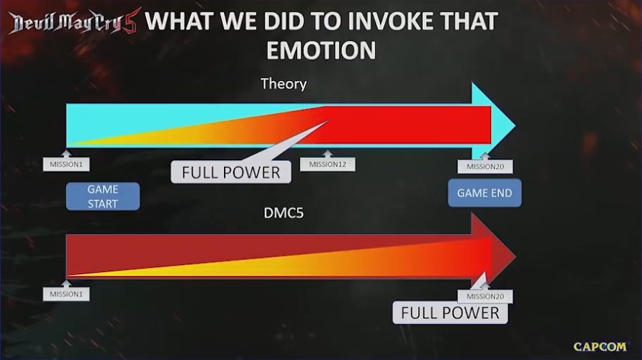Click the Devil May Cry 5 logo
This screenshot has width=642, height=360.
coord(74,21)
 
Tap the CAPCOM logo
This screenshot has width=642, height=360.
coord(600,346)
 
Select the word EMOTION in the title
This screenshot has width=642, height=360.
coord(321,50)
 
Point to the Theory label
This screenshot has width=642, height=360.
coord(283,84)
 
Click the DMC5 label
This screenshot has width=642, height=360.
coord(283,213)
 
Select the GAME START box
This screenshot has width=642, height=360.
coord(103,196)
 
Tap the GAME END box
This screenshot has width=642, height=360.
coord(485,193)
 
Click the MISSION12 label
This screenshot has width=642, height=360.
coord(328,164)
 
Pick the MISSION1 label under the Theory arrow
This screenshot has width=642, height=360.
coord(66,164)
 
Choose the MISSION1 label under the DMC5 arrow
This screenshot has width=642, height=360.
coord(66,294)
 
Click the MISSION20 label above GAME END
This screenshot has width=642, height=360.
coord(485,167)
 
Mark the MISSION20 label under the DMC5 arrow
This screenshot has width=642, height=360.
coord(485,296)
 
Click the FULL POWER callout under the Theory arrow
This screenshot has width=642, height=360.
coord(231,172)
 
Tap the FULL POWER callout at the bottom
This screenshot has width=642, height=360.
coord(450,313)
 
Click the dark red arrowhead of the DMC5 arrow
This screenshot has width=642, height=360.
coord(493,256)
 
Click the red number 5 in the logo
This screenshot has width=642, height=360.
coord(131,21)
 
